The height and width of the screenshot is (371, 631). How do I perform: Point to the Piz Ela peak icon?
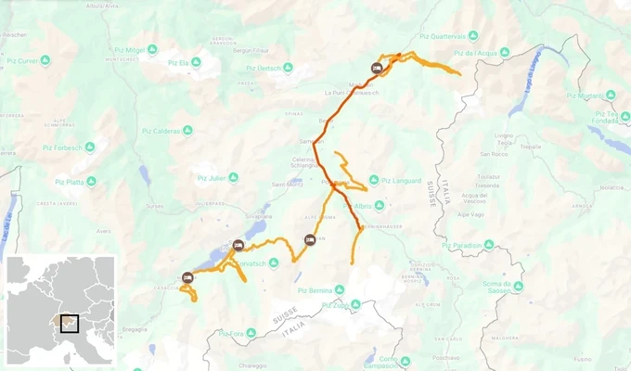(208, 63)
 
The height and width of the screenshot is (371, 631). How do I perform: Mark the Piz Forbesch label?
(61, 147)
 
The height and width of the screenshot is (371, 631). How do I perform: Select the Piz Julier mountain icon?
(233, 177)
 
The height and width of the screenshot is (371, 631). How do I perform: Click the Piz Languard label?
(403, 180)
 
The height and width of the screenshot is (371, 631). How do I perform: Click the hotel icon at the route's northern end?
(376, 68)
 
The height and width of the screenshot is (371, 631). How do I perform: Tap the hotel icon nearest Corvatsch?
(238, 246)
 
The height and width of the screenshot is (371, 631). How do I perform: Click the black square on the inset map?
(69, 323)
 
